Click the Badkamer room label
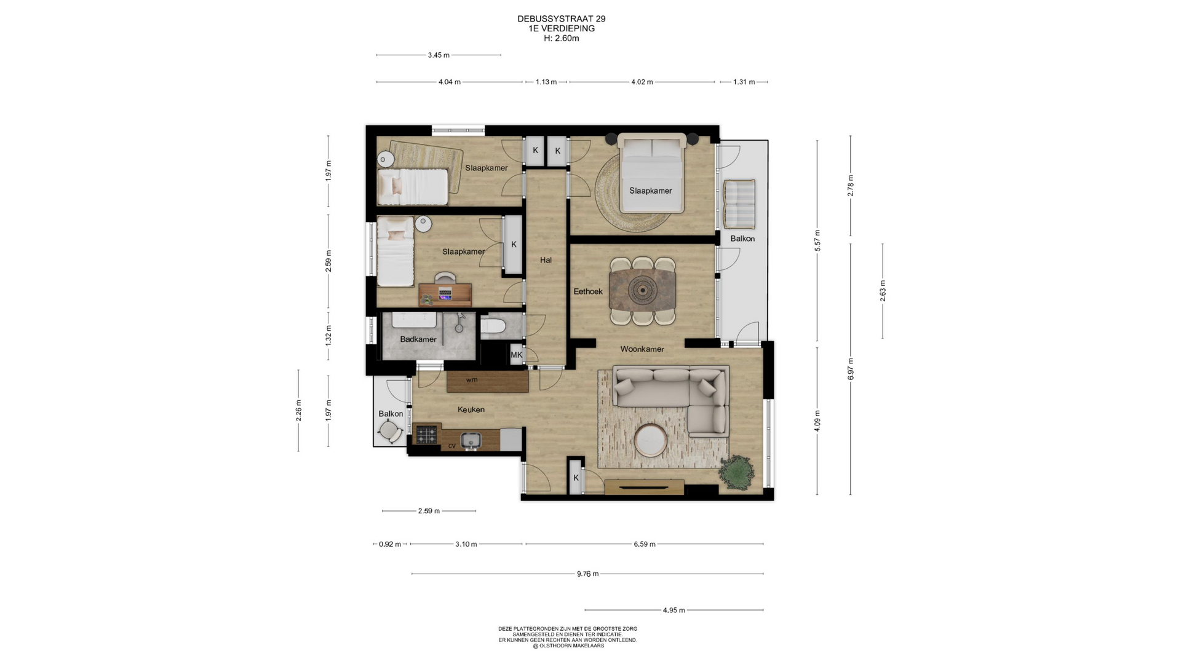(x=418, y=339)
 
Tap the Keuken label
(x=471, y=409)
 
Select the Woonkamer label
(x=642, y=349)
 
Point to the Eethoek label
(x=588, y=291)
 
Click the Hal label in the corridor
(x=546, y=260)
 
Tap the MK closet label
(x=517, y=355)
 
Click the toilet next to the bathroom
(x=493, y=328)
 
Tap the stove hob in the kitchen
(x=426, y=435)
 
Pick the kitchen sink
(x=471, y=440)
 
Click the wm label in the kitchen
(x=472, y=380)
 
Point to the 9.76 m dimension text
(x=587, y=574)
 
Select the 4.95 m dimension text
(x=674, y=610)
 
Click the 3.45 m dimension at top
(x=439, y=55)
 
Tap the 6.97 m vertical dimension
(x=851, y=369)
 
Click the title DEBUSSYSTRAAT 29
(x=562, y=19)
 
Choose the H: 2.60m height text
(x=562, y=38)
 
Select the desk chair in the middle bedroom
(x=445, y=278)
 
